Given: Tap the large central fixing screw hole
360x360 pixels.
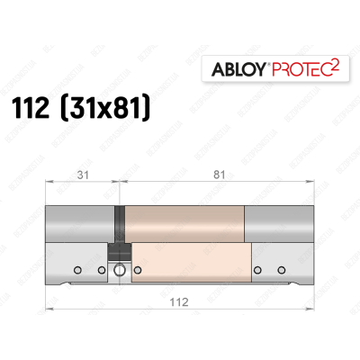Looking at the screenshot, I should click(119, 269).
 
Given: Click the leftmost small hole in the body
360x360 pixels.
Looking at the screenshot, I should click(78, 269).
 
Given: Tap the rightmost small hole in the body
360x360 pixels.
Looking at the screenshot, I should click(281, 269).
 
